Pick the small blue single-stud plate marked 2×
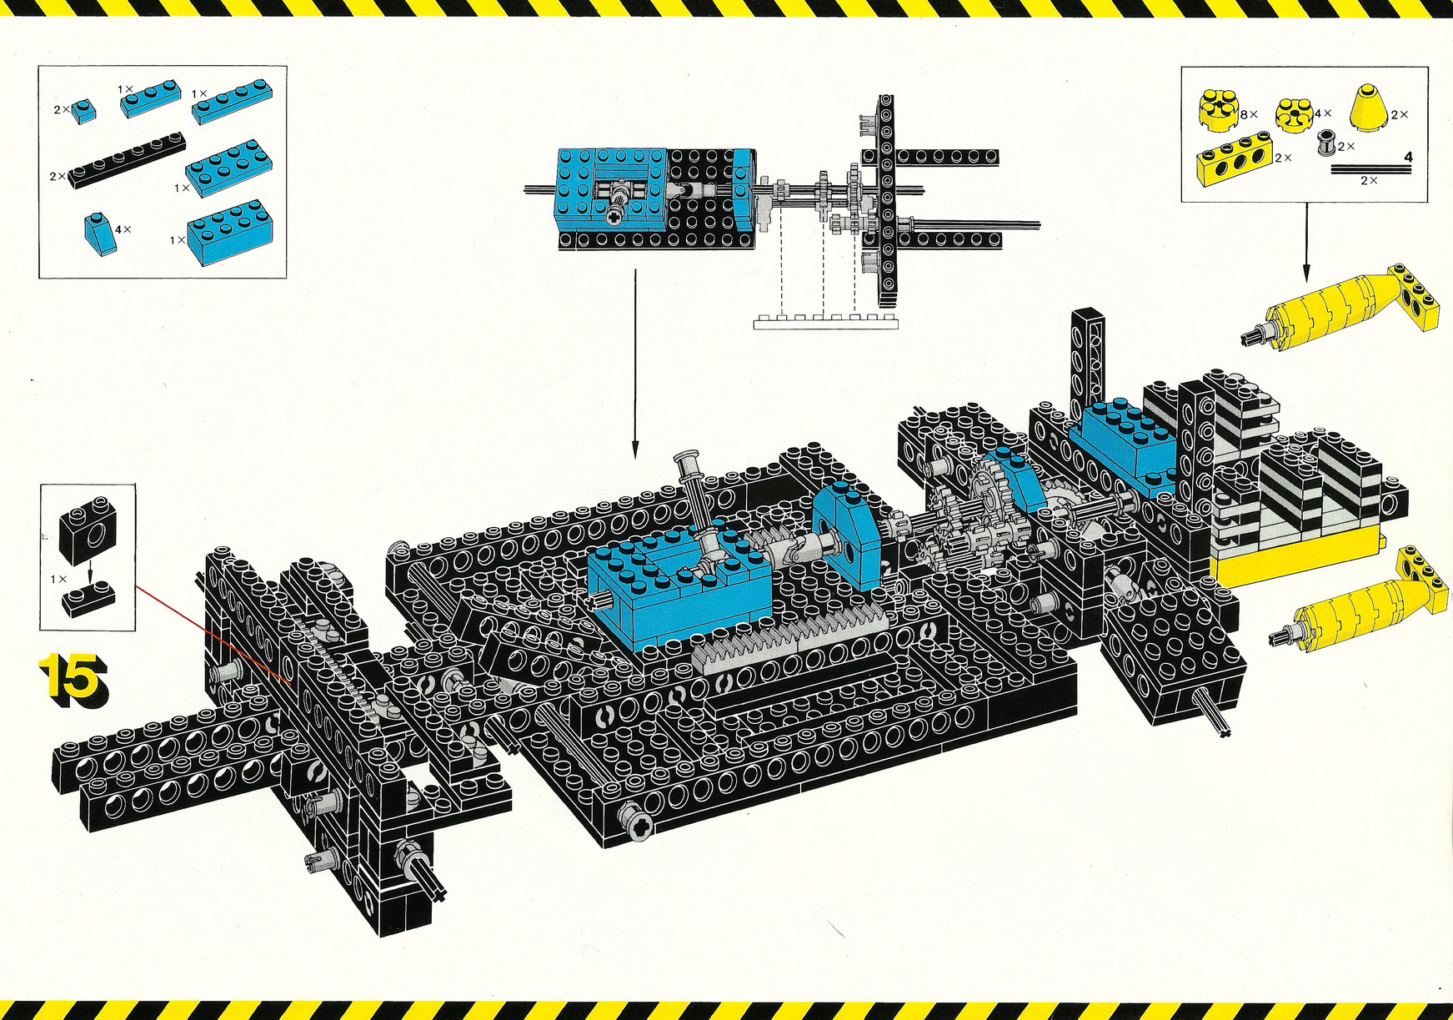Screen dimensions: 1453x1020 tap(83, 110)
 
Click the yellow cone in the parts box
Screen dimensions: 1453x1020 tap(1370, 107)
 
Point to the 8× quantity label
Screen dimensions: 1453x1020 tap(1249, 113)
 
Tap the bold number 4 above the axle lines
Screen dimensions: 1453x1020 tap(1408, 157)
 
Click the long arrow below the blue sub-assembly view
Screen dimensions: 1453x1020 tap(634, 364)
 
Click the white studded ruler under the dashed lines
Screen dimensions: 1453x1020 tap(826, 322)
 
